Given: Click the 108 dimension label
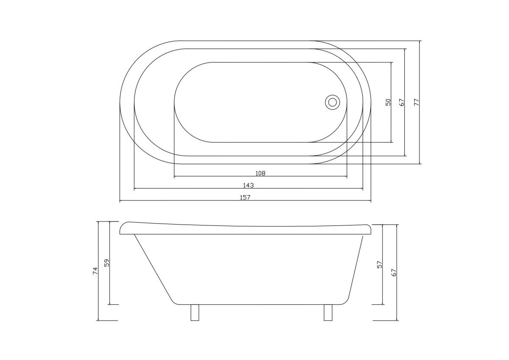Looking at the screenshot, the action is click(x=260, y=173).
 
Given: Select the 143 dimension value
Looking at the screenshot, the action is click(x=249, y=186).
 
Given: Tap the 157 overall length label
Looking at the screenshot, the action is click(x=245, y=197).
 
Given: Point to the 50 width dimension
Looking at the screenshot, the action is click(x=388, y=102).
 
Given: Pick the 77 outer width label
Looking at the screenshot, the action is click(x=417, y=102).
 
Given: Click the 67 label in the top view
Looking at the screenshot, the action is click(x=402, y=102).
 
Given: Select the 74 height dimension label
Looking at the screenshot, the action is click(x=95, y=271).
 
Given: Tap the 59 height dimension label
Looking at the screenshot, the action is click(x=107, y=263).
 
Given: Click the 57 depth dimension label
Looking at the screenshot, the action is click(x=380, y=264).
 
